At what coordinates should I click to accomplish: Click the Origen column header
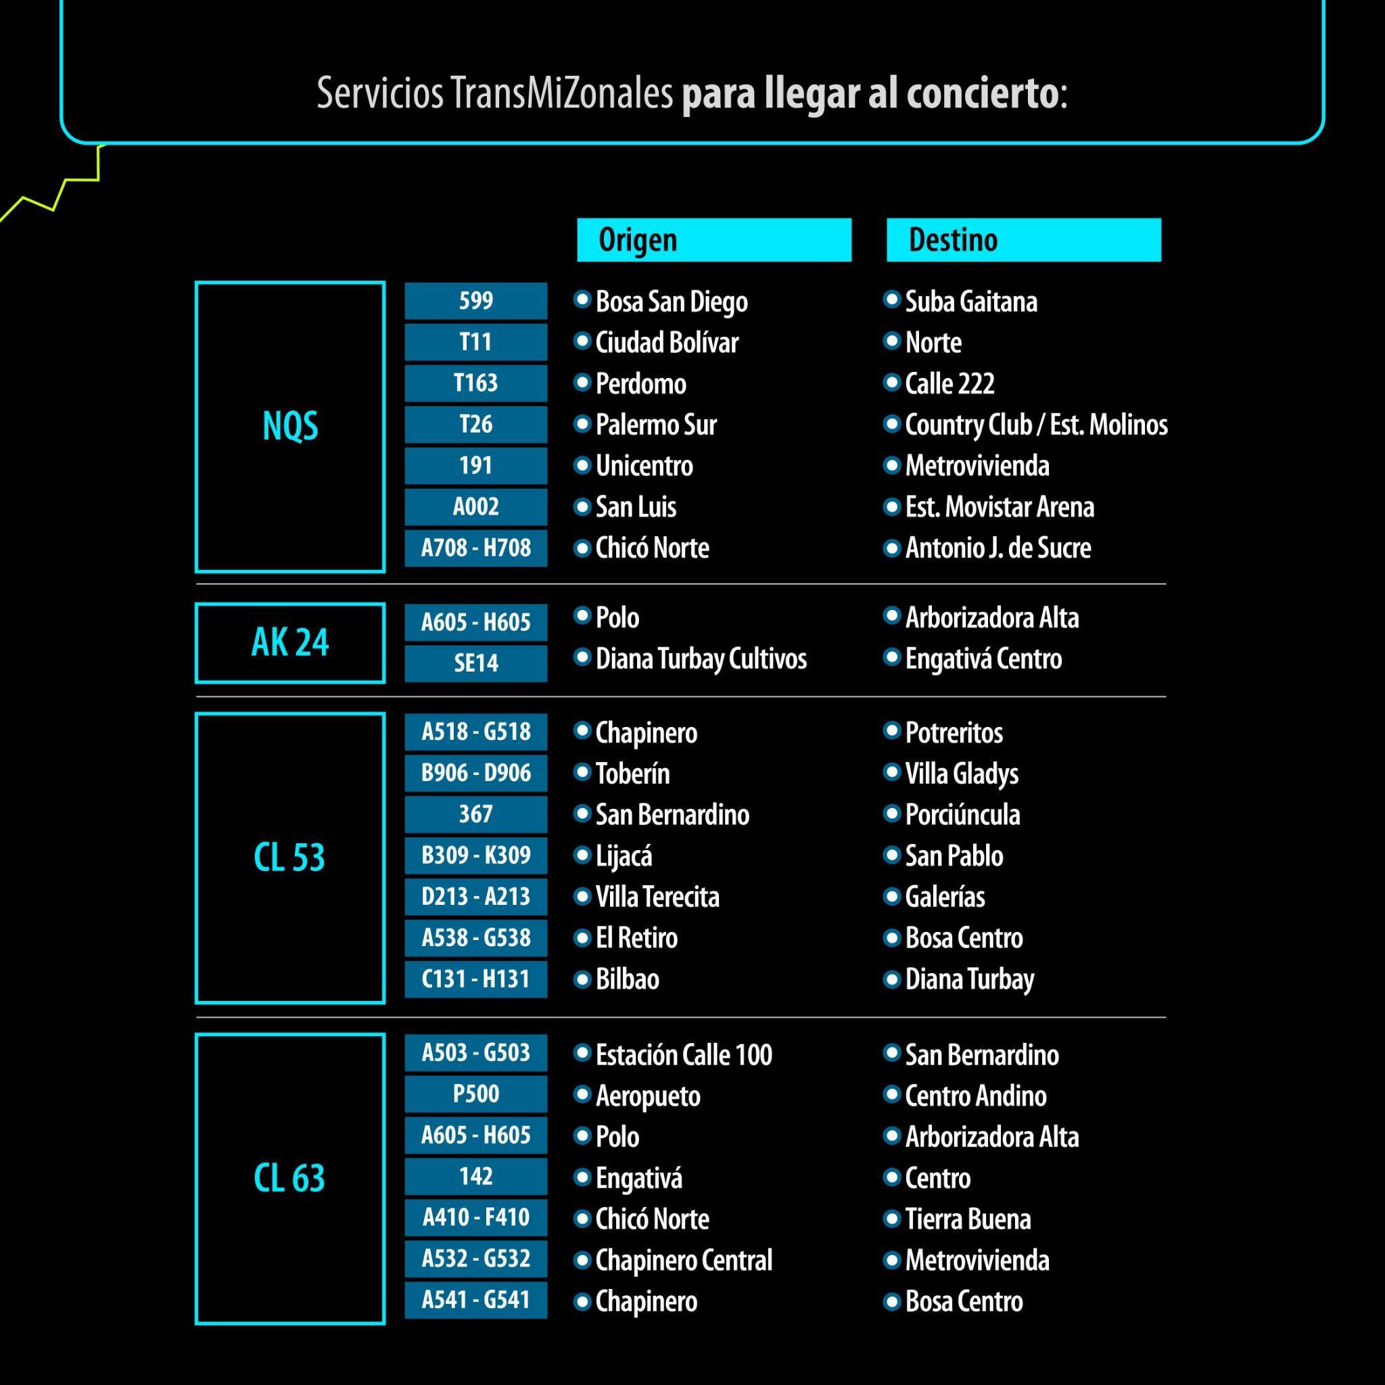tap(713, 239)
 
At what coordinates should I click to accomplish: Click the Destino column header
tap(1023, 239)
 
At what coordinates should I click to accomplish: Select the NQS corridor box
tap(289, 427)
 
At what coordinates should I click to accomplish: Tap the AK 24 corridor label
tap(289, 642)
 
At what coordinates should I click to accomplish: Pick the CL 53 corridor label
tap(289, 858)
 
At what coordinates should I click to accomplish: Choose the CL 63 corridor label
tap(289, 1178)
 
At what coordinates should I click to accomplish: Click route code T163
tap(475, 383)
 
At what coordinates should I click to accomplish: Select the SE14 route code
tap(475, 663)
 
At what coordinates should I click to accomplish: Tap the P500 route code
tap(475, 1094)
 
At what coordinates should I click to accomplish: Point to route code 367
tap(475, 814)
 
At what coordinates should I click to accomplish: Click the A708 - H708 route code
tap(475, 548)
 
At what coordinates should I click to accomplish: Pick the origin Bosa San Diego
tap(671, 302)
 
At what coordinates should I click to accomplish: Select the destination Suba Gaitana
tap(970, 302)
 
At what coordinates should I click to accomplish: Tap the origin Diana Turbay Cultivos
tap(701, 659)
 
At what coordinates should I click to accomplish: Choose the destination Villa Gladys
tap(962, 774)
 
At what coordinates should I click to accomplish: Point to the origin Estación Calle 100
tap(683, 1054)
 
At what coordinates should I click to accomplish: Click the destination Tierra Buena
tap(968, 1219)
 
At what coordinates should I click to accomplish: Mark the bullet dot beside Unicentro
tap(582, 465)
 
